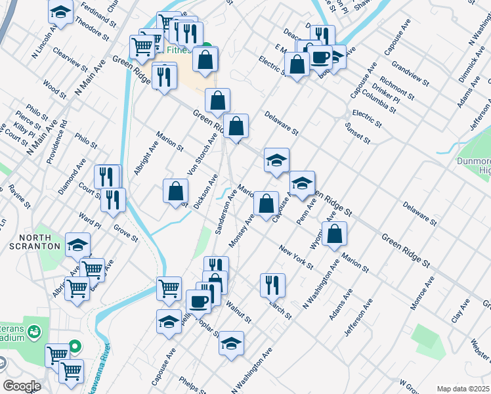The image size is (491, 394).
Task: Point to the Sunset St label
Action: (x=358, y=134)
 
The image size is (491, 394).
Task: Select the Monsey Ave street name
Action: (x=241, y=232)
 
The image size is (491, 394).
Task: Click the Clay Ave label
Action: (x=460, y=314)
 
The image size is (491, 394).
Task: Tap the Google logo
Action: (x=22, y=386)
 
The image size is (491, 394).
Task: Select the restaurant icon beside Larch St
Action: (x=272, y=285)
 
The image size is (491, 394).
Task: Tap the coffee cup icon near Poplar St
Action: (x=198, y=301)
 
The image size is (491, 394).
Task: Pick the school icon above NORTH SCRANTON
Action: (x=77, y=245)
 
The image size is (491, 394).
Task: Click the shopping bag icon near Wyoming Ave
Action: (x=334, y=233)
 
